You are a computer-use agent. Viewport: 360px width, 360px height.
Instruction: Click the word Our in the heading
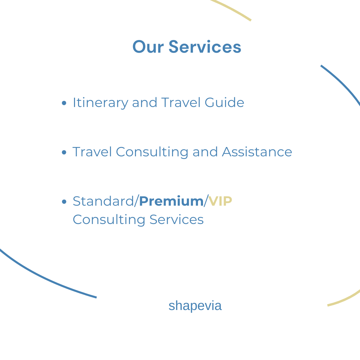[x=148, y=47]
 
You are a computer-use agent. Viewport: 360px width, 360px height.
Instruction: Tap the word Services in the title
[x=205, y=47]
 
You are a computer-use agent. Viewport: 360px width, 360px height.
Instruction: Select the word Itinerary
[x=100, y=103]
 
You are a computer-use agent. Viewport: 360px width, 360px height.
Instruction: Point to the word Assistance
[x=257, y=152]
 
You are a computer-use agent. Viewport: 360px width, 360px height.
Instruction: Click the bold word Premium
[x=171, y=201]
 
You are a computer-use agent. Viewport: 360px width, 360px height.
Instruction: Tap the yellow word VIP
[x=220, y=201]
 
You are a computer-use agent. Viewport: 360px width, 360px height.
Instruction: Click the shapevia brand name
[x=195, y=306]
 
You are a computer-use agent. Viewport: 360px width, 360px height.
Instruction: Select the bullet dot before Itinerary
[x=64, y=103]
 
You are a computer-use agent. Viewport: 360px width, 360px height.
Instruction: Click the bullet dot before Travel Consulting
[x=64, y=152]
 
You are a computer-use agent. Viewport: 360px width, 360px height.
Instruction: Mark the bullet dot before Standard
[x=64, y=202]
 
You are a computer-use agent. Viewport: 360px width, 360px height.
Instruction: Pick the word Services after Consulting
[x=177, y=219]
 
